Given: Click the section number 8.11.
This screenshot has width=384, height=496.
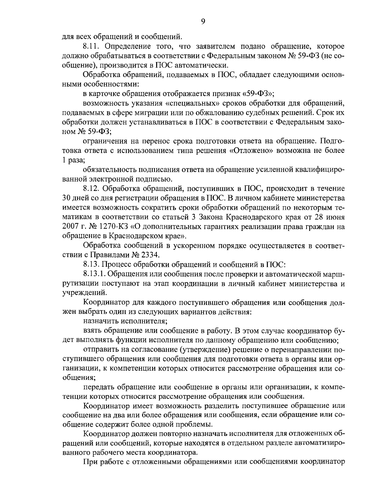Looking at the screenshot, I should click(x=92, y=46).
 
